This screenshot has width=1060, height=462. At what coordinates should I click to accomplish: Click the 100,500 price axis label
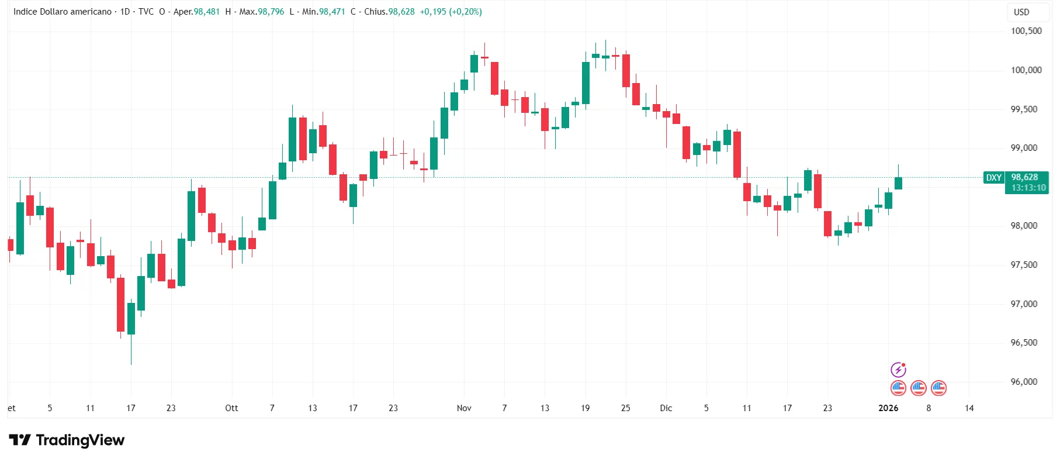(1026, 31)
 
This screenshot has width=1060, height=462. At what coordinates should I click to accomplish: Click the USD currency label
(1021, 12)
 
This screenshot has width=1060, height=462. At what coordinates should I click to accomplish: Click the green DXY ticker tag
(994, 178)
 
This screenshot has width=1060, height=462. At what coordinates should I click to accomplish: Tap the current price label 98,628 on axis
(1025, 177)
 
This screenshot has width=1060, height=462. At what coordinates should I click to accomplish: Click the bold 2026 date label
(888, 408)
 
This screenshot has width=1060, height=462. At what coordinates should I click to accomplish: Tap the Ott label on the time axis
(231, 408)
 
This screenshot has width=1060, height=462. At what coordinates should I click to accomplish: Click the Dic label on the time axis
(666, 408)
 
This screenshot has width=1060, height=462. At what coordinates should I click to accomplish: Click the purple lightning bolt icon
(898, 370)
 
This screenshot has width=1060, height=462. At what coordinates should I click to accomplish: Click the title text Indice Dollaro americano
(63, 12)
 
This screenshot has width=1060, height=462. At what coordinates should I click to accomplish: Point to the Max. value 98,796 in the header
(271, 12)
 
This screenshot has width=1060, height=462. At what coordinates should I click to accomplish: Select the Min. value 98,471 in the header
(332, 12)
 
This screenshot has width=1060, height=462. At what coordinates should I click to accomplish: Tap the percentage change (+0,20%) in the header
(465, 12)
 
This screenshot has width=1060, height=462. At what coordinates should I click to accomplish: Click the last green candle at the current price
(898, 183)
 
